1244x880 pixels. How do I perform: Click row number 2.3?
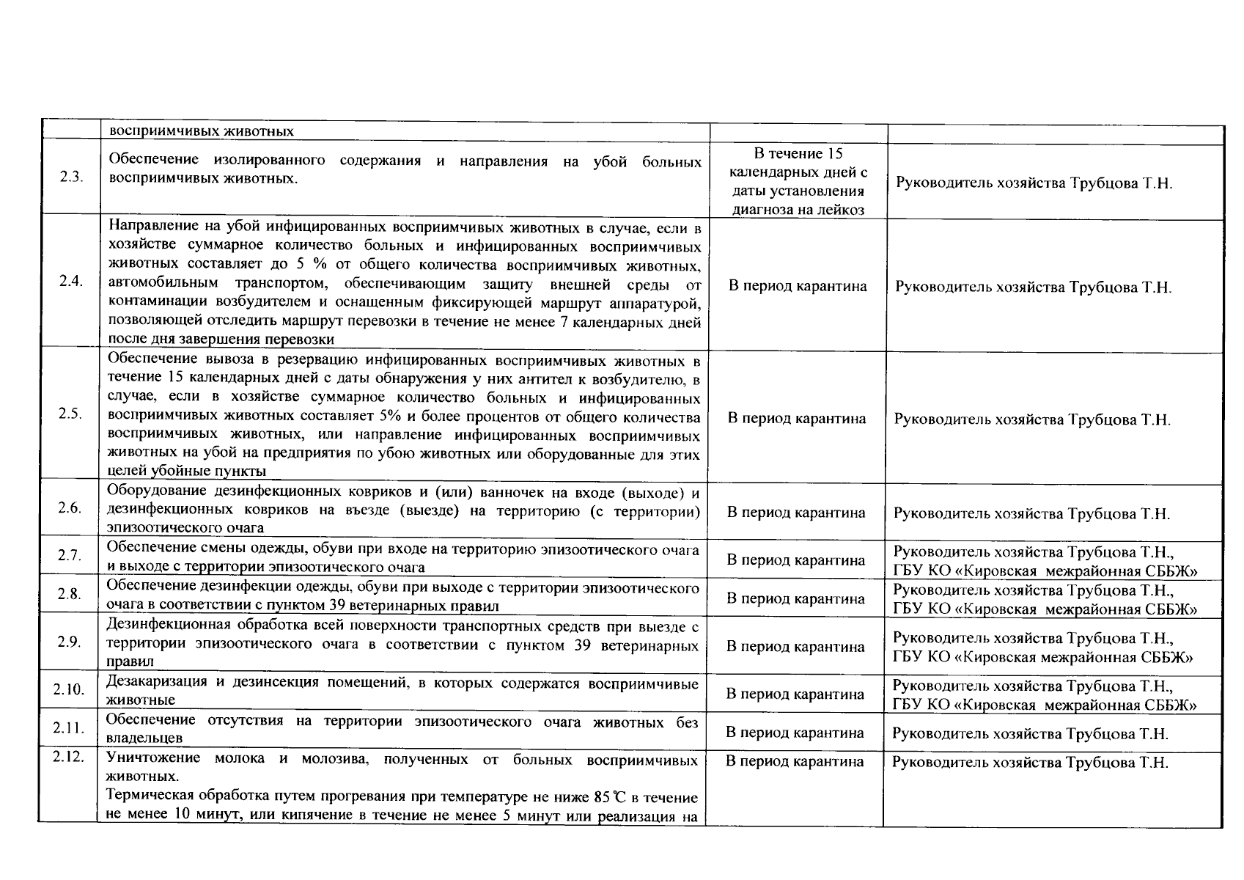point(70,178)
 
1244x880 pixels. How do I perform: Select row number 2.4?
point(70,281)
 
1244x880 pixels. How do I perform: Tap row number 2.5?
point(70,414)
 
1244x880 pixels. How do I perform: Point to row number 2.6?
point(70,508)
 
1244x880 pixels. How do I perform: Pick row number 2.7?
point(70,555)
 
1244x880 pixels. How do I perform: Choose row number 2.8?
point(70,594)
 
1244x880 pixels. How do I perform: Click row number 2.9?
point(70,642)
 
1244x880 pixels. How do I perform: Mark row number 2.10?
point(69,689)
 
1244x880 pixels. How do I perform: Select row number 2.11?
point(69,728)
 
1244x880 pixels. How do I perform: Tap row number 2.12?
point(69,758)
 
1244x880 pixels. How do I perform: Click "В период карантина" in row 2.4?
point(798,286)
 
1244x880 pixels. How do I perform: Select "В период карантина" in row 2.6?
point(796,513)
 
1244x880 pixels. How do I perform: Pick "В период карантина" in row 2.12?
point(795,761)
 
